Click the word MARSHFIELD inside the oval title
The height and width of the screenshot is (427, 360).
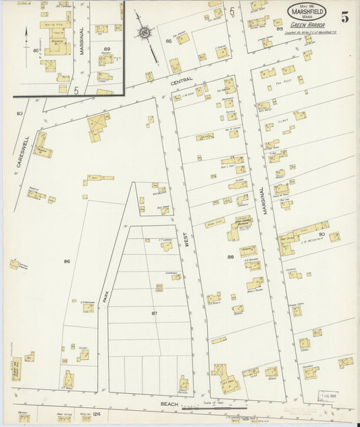(x=307, y=11)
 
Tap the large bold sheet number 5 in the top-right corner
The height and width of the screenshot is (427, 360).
(x=344, y=18)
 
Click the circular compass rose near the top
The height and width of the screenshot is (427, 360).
(x=145, y=31)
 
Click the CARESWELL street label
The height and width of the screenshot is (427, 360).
(x=21, y=152)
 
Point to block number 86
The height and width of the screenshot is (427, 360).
(x=67, y=261)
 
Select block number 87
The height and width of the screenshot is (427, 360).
(x=154, y=313)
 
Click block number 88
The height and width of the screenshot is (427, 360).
(x=230, y=257)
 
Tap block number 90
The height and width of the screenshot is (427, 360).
(x=322, y=234)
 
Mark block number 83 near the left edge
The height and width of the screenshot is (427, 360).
(x=20, y=113)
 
